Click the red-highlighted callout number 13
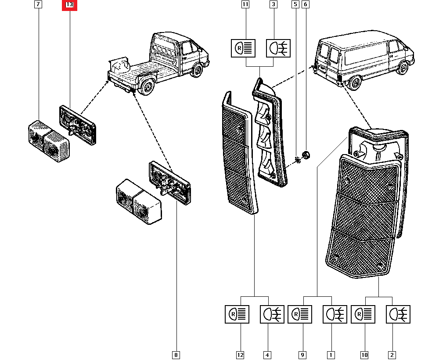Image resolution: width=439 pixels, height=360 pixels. (x=69, y=5)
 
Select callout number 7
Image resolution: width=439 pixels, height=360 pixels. (x=38, y=4)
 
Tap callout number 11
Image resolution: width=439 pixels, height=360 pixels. (x=245, y=4)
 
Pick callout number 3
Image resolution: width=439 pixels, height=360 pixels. (x=273, y=4)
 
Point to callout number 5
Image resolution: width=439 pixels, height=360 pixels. (x=295, y=4)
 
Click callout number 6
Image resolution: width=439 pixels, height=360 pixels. (x=306, y=4)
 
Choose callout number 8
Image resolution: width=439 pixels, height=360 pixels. (x=176, y=355)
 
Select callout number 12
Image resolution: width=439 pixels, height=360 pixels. (x=240, y=355)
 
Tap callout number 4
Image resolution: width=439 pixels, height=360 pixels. (x=267, y=355)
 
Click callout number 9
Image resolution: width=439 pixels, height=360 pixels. (x=302, y=355)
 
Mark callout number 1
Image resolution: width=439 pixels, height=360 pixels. (x=331, y=355)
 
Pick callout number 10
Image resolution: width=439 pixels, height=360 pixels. (x=364, y=355)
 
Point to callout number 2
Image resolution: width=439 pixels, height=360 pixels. (x=392, y=355)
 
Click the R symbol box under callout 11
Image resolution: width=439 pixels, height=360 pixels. (x=243, y=48)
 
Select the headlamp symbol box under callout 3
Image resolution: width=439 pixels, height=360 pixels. (x=278, y=48)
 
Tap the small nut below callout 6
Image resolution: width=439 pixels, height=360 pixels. (x=306, y=155)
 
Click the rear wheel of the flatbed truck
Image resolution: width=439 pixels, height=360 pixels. (x=148, y=86)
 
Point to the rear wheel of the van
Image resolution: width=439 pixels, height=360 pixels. (x=355, y=83)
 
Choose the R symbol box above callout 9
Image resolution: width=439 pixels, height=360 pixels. (x=300, y=314)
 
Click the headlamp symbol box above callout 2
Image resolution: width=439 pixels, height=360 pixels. (x=398, y=314)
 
